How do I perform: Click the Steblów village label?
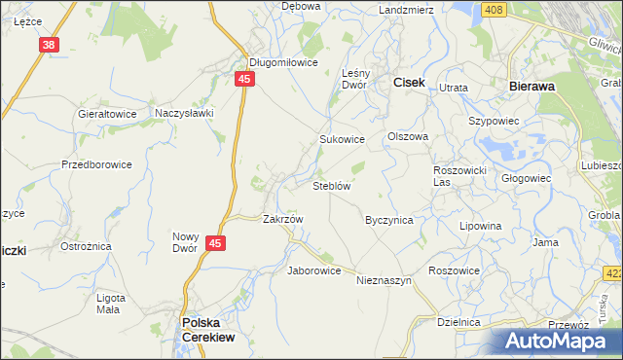[x=331, y=185]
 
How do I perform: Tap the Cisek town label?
[x=408, y=84]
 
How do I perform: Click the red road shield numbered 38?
[x=51, y=45]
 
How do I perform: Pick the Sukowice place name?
[x=343, y=139]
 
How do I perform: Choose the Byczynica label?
[x=389, y=220]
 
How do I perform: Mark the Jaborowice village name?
[x=313, y=270]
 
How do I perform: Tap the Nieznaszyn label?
[x=385, y=280]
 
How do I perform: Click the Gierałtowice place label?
[x=106, y=113]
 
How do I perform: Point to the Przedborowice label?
[x=96, y=164]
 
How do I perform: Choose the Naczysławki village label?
[x=184, y=113]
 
